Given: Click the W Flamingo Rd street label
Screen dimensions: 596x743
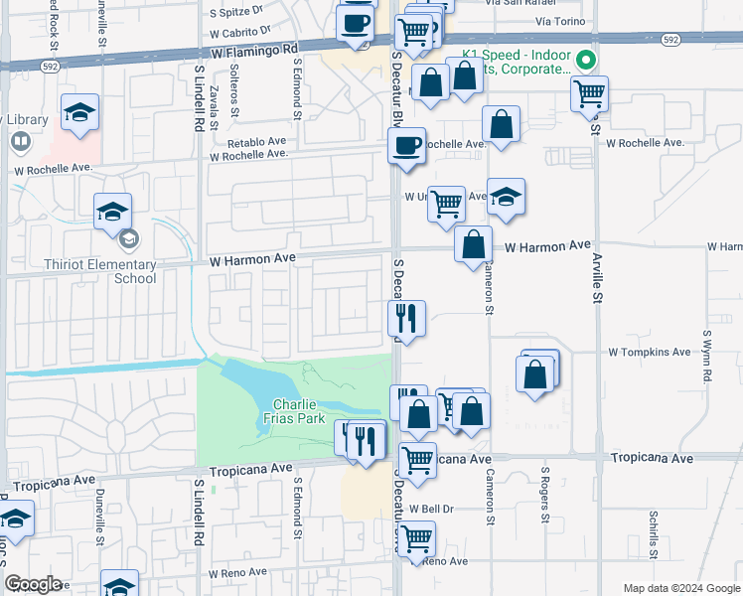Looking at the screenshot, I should [253, 48].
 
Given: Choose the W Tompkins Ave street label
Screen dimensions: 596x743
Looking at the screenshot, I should [650, 352].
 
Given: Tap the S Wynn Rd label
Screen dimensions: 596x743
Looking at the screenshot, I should [706, 358].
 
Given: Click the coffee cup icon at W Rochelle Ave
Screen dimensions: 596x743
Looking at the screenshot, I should [405, 146].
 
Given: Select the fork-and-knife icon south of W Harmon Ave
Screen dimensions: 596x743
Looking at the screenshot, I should [406, 318].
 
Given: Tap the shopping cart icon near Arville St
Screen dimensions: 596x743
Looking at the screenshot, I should [590, 94].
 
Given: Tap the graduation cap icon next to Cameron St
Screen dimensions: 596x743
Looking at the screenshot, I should [507, 197].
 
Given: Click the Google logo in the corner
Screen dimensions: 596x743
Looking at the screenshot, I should [32, 584].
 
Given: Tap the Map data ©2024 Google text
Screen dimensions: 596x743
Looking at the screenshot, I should [680, 588].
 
